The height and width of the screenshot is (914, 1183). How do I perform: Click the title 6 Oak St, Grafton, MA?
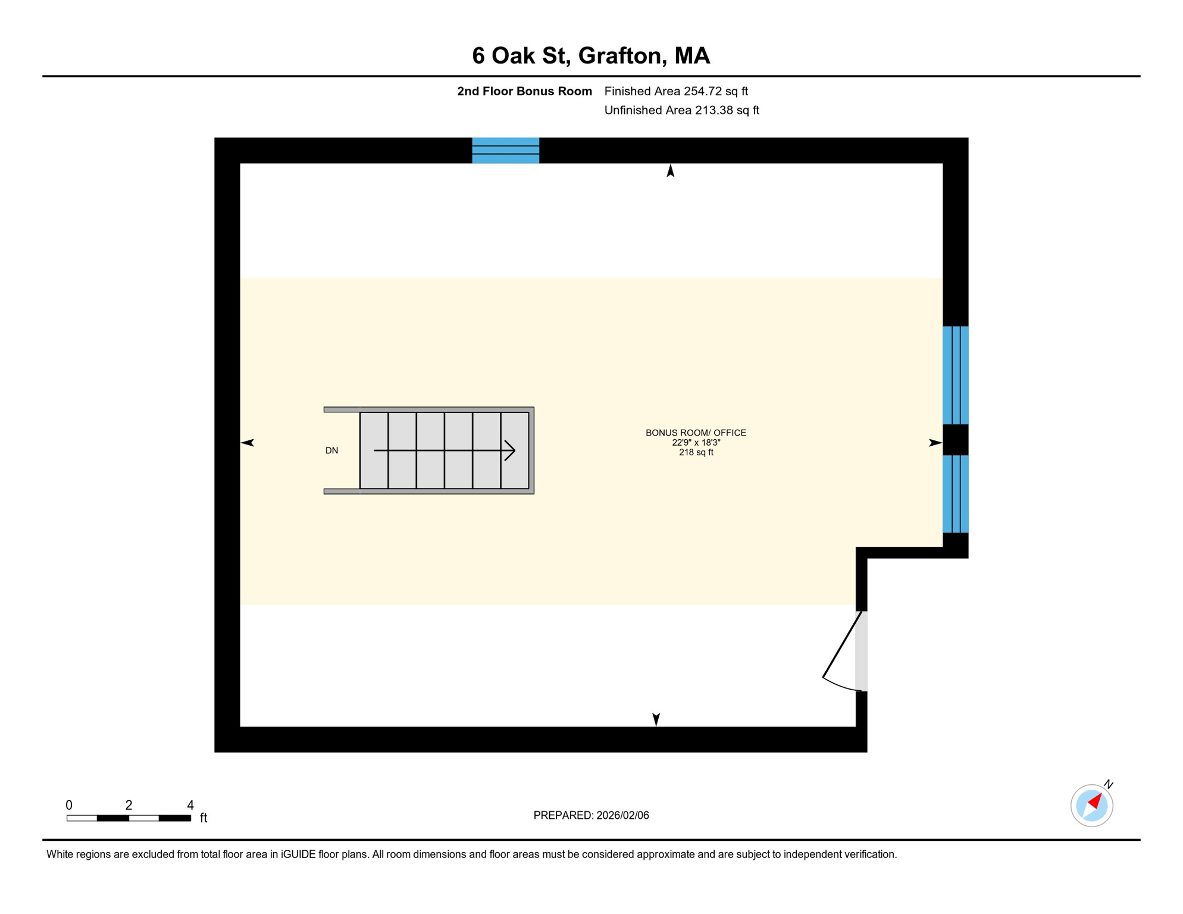[x=591, y=55]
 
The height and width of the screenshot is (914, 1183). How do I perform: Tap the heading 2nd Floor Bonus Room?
[x=524, y=91]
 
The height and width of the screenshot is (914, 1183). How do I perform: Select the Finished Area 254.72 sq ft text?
[x=676, y=91]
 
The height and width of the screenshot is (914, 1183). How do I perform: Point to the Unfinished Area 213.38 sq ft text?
[x=681, y=110]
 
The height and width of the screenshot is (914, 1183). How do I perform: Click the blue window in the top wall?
[x=505, y=150]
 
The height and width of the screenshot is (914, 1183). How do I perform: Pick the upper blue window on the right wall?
[x=955, y=375]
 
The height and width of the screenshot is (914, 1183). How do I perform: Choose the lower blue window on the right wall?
[x=955, y=493]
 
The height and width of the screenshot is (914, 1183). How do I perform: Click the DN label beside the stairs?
[x=331, y=450]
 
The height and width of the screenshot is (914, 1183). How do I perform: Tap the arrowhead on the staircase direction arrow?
[x=510, y=450]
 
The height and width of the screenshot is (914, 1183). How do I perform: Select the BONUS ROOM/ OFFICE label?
[x=696, y=433]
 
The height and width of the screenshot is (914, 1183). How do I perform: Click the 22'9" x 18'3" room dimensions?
[x=696, y=443]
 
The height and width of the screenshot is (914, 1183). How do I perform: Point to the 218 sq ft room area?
[x=696, y=452]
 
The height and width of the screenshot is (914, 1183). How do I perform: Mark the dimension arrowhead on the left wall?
[x=248, y=442]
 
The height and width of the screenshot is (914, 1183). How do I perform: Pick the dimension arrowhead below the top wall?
[x=671, y=171]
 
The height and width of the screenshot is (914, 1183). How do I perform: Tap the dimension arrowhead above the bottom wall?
[x=656, y=719]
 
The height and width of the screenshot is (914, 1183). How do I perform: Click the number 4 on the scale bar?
[x=190, y=805]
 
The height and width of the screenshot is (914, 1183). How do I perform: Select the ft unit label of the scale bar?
[x=204, y=818]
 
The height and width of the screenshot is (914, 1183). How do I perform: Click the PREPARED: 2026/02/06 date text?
[x=591, y=815]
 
